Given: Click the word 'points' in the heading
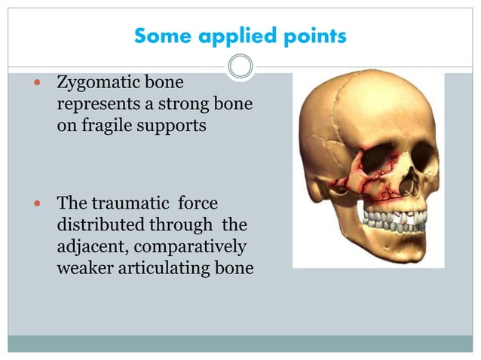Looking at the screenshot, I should (x=311, y=36).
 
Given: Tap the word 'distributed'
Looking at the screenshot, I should (x=100, y=225).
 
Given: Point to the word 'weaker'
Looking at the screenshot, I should (x=86, y=269).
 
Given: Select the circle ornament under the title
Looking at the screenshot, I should (x=240, y=67).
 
